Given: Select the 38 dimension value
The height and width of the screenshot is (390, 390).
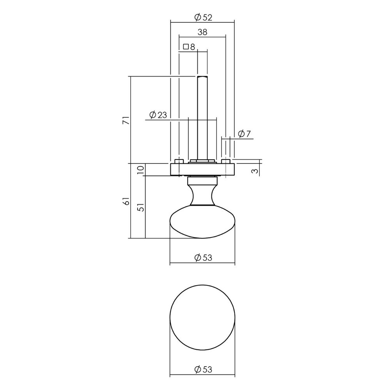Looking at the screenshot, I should click(202, 33).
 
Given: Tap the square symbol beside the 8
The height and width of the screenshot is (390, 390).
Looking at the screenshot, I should click(186, 47).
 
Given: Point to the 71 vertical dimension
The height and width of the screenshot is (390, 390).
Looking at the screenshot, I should click(125, 120).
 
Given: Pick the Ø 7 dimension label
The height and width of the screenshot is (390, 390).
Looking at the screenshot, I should click(243, 134).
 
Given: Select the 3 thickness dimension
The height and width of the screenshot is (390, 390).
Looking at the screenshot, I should click(254, 170).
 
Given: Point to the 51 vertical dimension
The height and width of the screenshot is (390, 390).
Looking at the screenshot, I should click(141, 207).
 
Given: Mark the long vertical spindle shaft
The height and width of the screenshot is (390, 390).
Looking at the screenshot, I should click(202, 117).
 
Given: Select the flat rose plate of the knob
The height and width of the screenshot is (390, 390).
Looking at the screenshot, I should click(202, 169).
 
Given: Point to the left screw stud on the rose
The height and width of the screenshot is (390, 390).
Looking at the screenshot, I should click(179, 161).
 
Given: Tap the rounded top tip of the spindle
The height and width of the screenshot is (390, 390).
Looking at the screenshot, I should click(202, 77).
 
